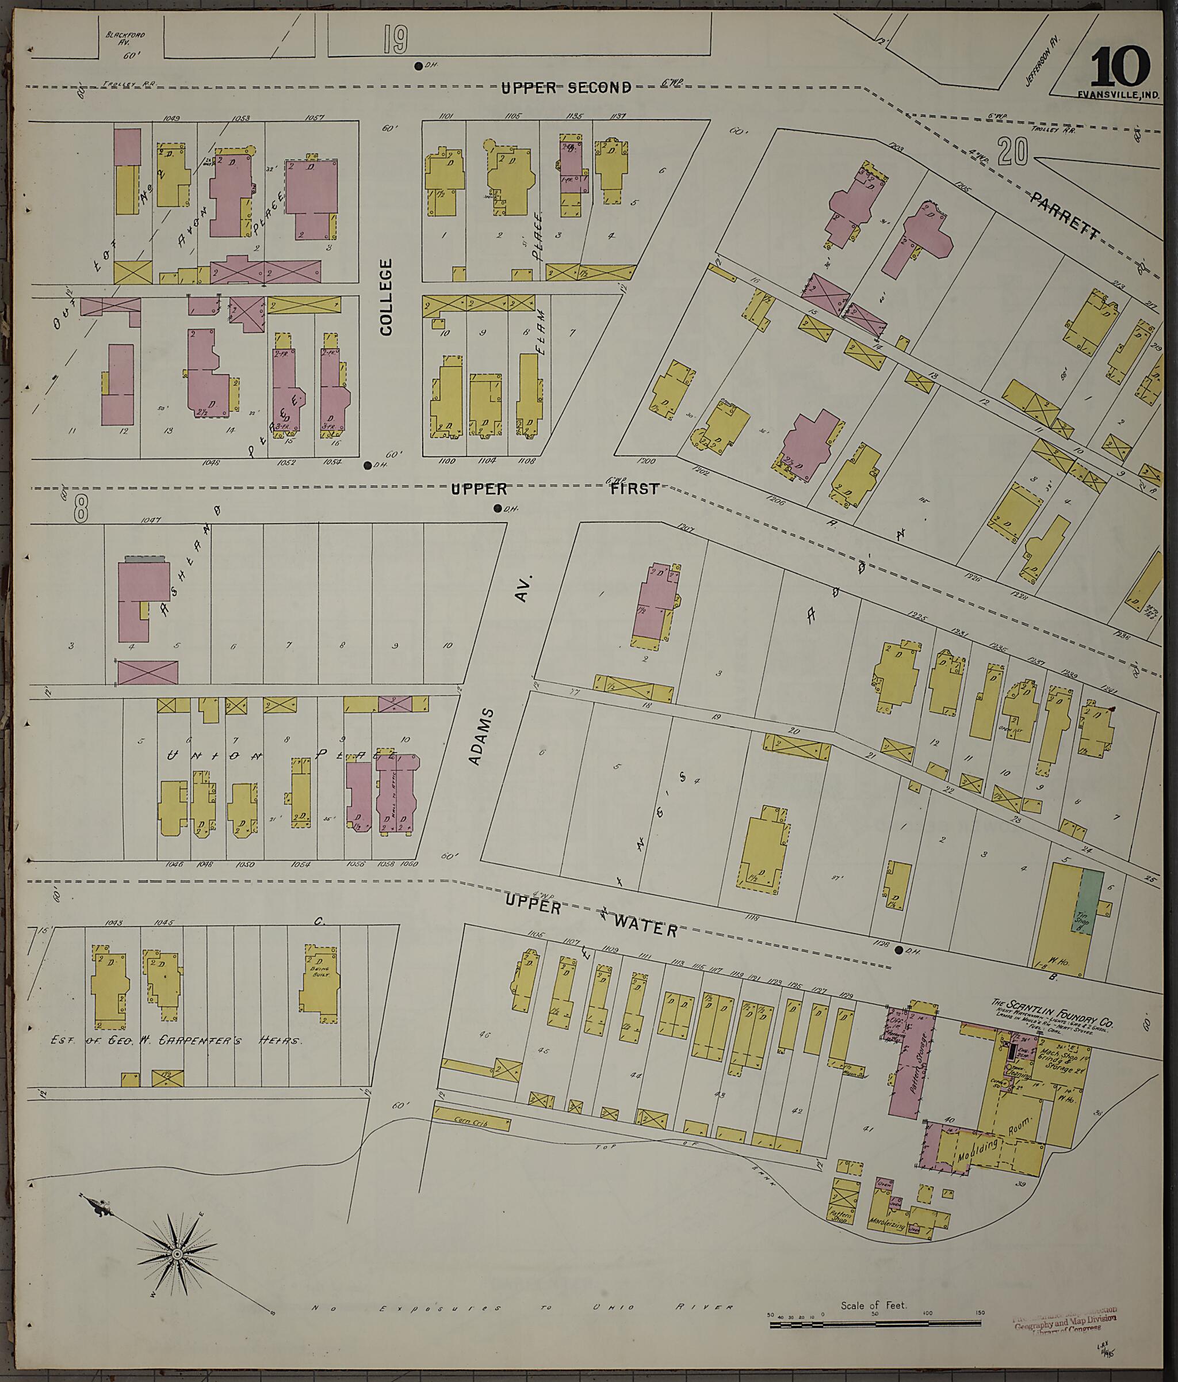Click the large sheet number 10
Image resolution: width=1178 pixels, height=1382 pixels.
(1120, 67)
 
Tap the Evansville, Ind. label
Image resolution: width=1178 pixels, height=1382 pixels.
(1118, 95)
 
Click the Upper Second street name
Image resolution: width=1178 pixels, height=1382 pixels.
(566, 87)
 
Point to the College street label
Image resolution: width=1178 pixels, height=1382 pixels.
(386, 297)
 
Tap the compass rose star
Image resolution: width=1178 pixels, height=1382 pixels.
(177, 1255)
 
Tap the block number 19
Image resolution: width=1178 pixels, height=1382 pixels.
(395, 39)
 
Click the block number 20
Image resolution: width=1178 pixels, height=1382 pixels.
(1013, 152)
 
